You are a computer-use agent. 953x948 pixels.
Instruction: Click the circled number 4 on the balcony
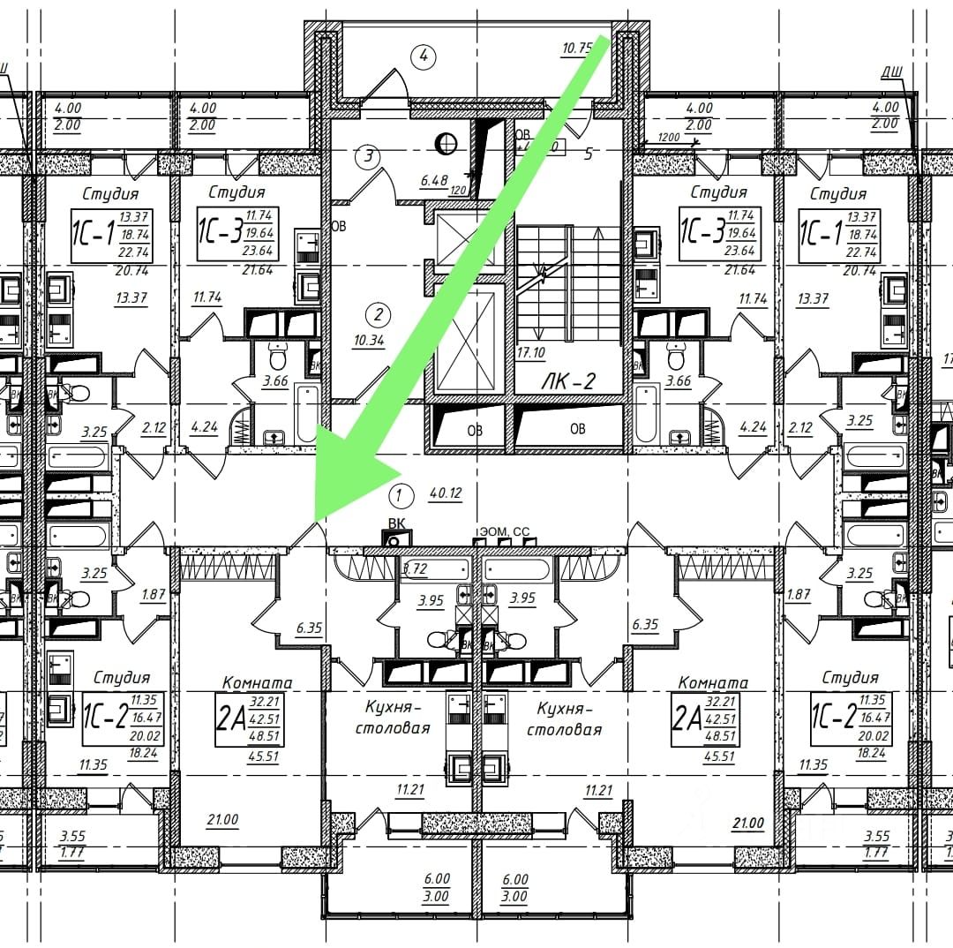pos(424,56)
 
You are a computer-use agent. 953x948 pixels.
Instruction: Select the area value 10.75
pos(577,49)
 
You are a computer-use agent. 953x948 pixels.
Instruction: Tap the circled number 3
pos(369,158)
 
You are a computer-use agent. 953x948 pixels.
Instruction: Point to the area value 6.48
pos(434,180)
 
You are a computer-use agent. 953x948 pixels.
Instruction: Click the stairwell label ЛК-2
pos(568,381)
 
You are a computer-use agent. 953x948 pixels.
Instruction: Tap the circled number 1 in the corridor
pos(401,495)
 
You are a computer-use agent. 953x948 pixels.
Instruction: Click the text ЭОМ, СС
pos(504,531)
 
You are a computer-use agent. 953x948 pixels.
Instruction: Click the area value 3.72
pos(415,569)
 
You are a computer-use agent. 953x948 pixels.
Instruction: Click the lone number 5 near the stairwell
pos(588,154)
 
